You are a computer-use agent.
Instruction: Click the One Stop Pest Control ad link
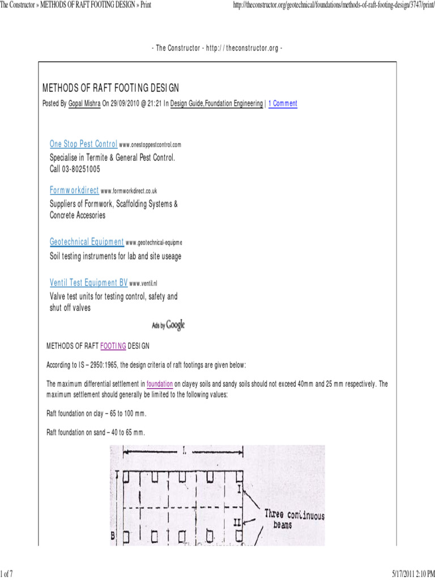click(84, 144)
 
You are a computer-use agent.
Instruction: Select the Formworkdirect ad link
click(74, 191)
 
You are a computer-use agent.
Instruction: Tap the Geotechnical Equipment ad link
click(87, 242)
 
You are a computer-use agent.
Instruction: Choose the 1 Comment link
click(283, 104)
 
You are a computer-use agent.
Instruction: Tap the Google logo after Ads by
click(176, 325)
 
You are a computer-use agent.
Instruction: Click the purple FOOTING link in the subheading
click(113, 346)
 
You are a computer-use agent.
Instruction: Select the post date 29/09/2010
click(135, 104)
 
